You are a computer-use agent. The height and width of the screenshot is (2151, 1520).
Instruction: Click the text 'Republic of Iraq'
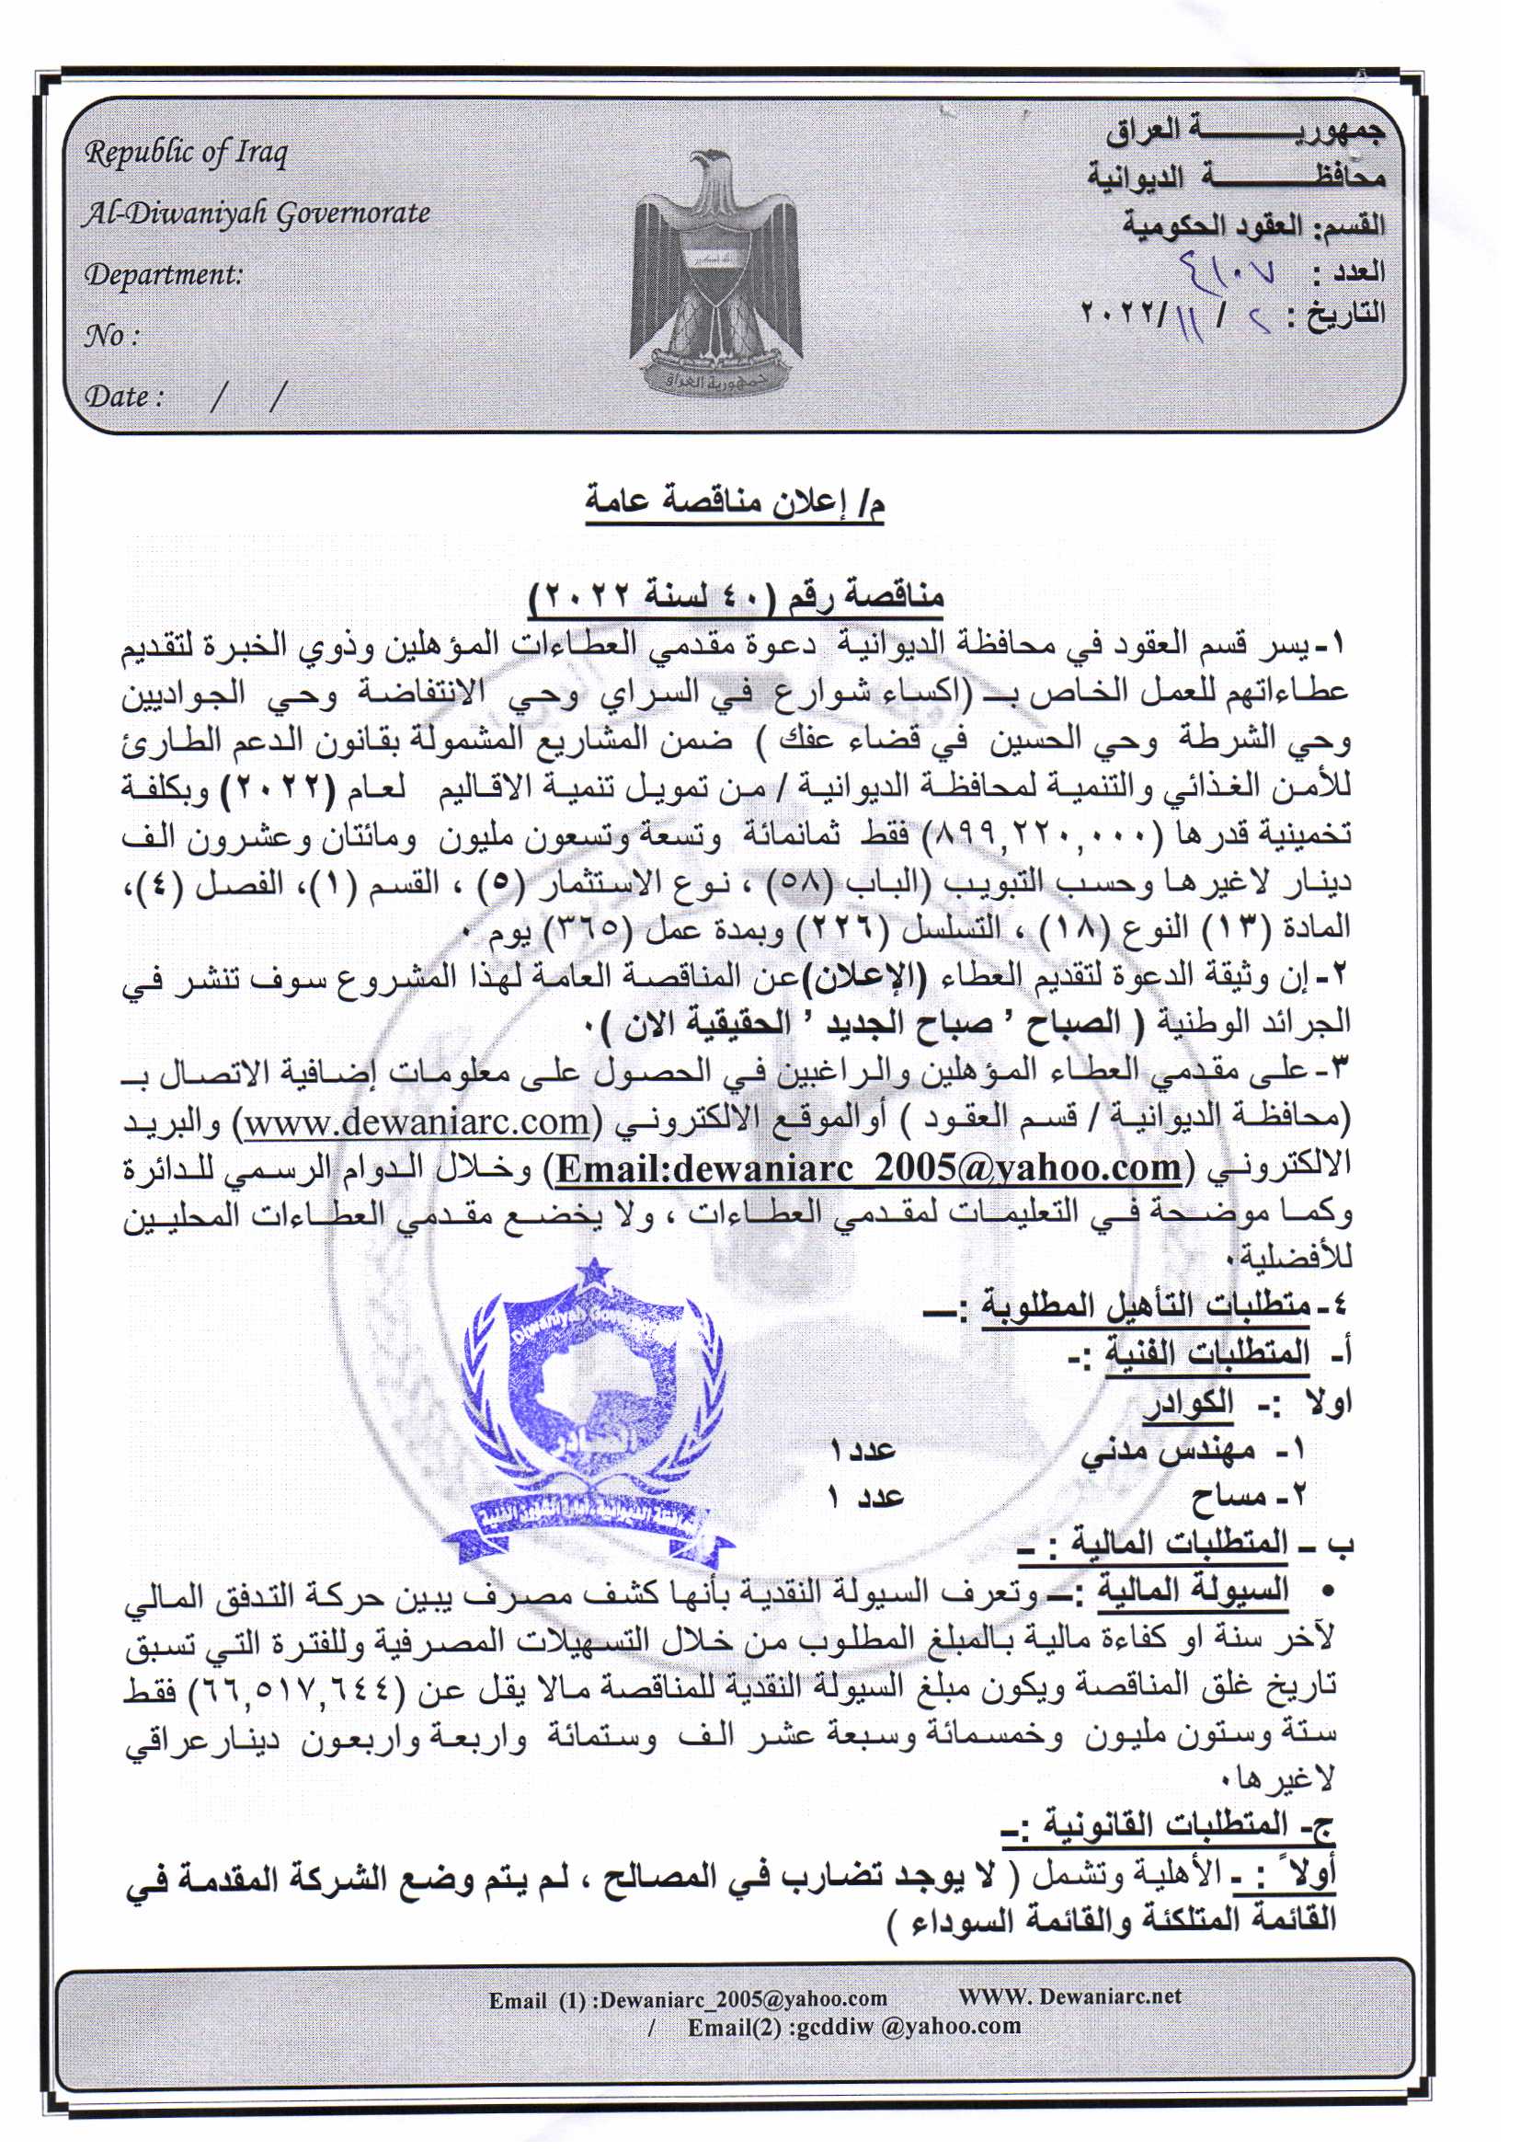point(187,153)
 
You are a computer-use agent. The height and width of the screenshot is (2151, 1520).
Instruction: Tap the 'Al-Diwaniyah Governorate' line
point(256,214)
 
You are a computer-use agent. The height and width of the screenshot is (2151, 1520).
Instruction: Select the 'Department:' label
point(164,275)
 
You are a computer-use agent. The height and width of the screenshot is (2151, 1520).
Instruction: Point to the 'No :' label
point(112,336)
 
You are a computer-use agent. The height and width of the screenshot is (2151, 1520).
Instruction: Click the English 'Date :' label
point(124,397)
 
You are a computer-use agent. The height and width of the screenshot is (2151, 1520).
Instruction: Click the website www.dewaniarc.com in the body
point(417,1122)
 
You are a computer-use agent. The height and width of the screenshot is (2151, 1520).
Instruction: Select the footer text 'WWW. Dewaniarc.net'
point(1069,1996)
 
